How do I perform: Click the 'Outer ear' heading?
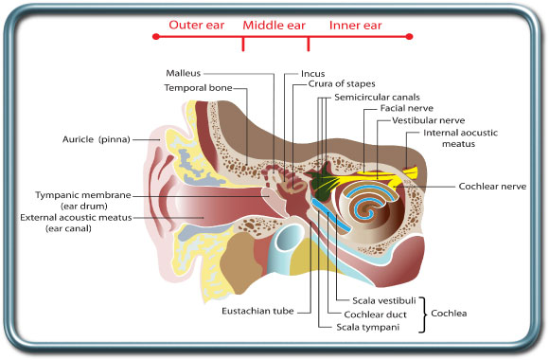click(197, 26)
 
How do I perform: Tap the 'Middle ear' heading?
click(274, 26)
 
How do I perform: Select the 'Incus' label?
click(313, 73)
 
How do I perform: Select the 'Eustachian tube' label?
click(256, 310)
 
